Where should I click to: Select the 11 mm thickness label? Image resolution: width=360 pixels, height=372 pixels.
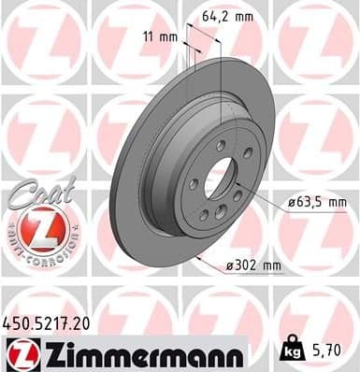161,37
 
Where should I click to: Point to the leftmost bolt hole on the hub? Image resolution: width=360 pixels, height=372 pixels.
192,183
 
